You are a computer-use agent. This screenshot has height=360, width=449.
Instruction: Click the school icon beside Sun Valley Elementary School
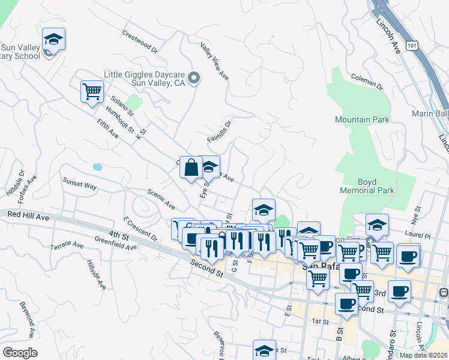coord(54,40)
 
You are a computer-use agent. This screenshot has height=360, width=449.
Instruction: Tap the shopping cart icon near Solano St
coord(92,92)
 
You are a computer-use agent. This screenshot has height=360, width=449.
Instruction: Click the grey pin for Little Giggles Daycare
coord(193,78)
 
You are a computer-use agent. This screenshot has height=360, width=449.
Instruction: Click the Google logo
coord(20,353)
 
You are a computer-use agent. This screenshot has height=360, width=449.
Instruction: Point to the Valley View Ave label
coord(215,61)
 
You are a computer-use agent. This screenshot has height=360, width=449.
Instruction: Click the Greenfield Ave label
coord(115,242)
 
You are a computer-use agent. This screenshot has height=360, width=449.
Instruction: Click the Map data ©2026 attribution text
coord(423,355)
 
